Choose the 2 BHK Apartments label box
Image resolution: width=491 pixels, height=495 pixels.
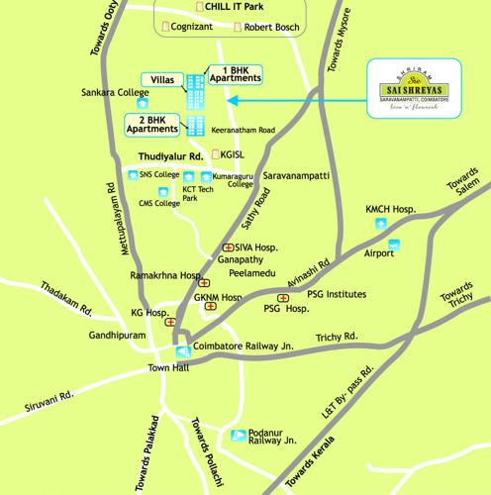153,124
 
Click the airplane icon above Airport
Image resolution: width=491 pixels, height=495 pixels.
394,244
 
